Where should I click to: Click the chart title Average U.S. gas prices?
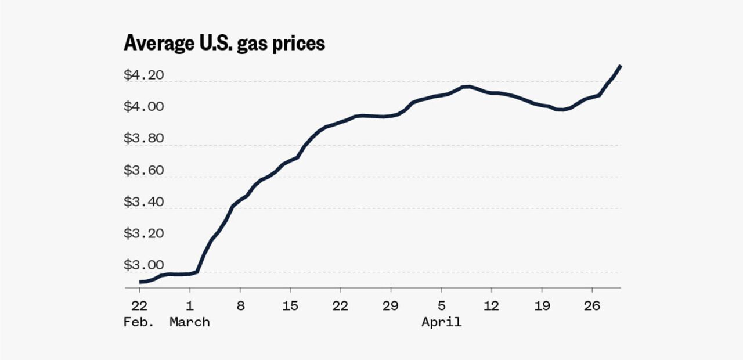click(x=224, y=44)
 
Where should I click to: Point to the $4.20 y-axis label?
click(x=143, y=75)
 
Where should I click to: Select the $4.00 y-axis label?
click(x=143, y=106)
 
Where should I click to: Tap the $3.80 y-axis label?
click(x=143, y=138)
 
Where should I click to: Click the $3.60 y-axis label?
click(x=143, y=170)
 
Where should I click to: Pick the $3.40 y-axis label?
click(x=143, y=201)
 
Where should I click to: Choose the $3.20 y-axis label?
click(x=143, y=233)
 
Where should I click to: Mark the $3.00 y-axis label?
click(x=143, y=265)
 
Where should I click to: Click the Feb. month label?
click(x=139, y=322)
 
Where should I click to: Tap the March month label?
click(x=190, y=322)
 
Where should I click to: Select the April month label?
click(x=442, y=322)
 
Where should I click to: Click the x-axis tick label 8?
click(x=240, y=305)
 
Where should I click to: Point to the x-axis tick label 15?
click(x=290, y=305)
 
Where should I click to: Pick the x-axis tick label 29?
click(x=391, y=305)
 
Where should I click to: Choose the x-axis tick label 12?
click(x=491, y=305)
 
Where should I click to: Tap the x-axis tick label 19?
click(x=542, y=305)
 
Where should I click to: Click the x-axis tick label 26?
click(x=592, y=305)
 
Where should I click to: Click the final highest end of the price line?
click(x=621, y=66)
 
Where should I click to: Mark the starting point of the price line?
click(x=140, y=282)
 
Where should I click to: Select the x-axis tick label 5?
click(x=442, y=305)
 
